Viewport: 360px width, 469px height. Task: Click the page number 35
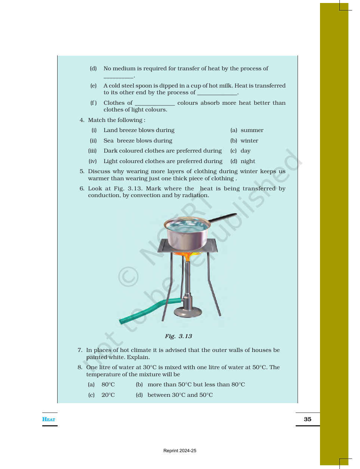(307, 419)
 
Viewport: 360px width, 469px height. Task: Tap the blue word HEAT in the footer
(49, 419)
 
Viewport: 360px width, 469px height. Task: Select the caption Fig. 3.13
(178, 336)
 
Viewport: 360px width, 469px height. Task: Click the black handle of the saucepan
(222, 218)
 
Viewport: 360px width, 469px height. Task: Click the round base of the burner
(188, 312)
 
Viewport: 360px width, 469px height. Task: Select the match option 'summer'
(252, 130)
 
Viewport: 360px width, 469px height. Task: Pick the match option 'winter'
(249, 141)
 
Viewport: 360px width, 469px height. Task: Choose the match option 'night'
(248, 161)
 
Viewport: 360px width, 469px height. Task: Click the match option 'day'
(246, 151)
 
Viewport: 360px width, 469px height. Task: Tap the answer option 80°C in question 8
(108, 384)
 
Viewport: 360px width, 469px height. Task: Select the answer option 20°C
(108, 395)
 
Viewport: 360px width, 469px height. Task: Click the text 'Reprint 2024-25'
(180, 451)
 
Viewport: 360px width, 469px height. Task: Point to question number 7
(80, 350)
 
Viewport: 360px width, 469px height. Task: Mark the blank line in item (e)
(217, 95)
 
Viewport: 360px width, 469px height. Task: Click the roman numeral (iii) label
(92, 151)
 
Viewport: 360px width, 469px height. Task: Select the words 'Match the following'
(115, 120)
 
